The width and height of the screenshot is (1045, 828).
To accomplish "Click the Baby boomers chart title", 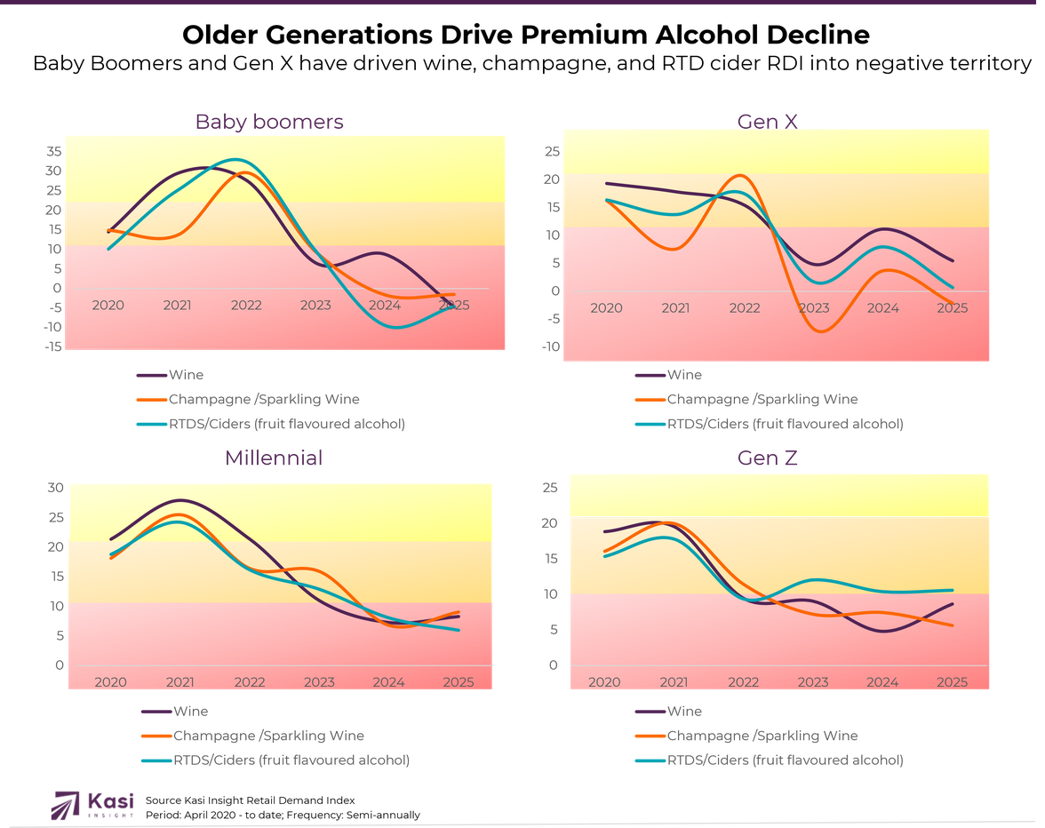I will (269, 122).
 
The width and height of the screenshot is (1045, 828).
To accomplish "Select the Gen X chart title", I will (768, 121).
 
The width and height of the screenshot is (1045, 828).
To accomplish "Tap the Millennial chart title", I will (274, 458).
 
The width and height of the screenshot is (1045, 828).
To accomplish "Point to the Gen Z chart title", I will (768, 458).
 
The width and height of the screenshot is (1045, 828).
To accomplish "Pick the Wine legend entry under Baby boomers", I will (186, 375).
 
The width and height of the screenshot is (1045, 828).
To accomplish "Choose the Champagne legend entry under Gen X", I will (762, 400).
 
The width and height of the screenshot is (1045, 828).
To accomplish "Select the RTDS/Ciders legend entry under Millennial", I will (291, 760).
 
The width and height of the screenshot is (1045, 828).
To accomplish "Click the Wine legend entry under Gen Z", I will (684, 711).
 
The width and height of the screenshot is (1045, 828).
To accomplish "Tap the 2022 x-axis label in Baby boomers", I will (246, 305).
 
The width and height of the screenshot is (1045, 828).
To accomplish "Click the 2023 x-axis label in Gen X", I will (814, 307).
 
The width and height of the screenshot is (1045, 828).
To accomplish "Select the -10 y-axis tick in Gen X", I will (550, 346).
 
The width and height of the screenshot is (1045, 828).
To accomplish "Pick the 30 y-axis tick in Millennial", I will (56, 487).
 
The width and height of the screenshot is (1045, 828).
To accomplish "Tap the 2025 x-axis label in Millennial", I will (458, 682).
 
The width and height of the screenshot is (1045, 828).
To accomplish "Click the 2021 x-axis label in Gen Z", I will (674, 682).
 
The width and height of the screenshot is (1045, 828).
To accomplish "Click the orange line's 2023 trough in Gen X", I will (819, 331).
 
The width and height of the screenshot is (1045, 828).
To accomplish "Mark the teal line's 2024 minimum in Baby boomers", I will (393, 327).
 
